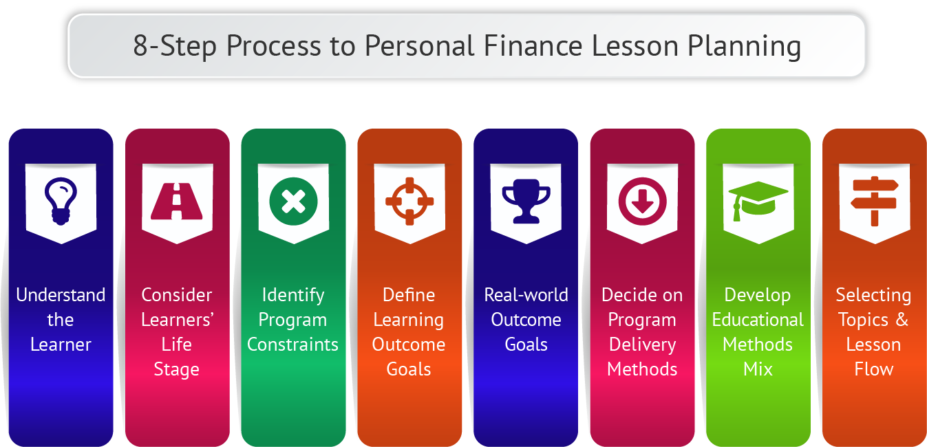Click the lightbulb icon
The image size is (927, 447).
pyautogui.click(x=61, y=201)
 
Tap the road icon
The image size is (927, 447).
pyautogui.click(x=177, y=201)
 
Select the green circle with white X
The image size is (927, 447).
pyautogui.click(x=293, y=201)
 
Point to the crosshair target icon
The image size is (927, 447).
pyautogui.click(x=409, y=201)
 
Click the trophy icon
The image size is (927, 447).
pyautogui.click(x=526, y=201)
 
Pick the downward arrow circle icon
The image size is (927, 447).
pyautogui.click(x=642, y=201)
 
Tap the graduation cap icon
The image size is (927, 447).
pyautogui.click(x=758, y=201)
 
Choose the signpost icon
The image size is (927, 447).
pyautogui.click(x=875, y=201)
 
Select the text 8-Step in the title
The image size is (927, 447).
pyautogui.click(x=175, y=47)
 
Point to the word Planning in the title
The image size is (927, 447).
pyautogui.click(x=744, y=47)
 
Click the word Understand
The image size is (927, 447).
pyautogui.click(x=61, y=295)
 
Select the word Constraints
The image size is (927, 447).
pyautogui.click(x=292, y=345)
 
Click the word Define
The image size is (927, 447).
pyautogui.click(x=409, y=295)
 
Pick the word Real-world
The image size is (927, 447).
pyautogui.click(x=526, y=295)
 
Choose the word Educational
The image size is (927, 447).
pyautogui.click(x=758, y=320)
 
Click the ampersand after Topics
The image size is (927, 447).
pyautogui.click(x=902, y=320)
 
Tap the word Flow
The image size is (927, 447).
pyautogui.click(x=874, y=369)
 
